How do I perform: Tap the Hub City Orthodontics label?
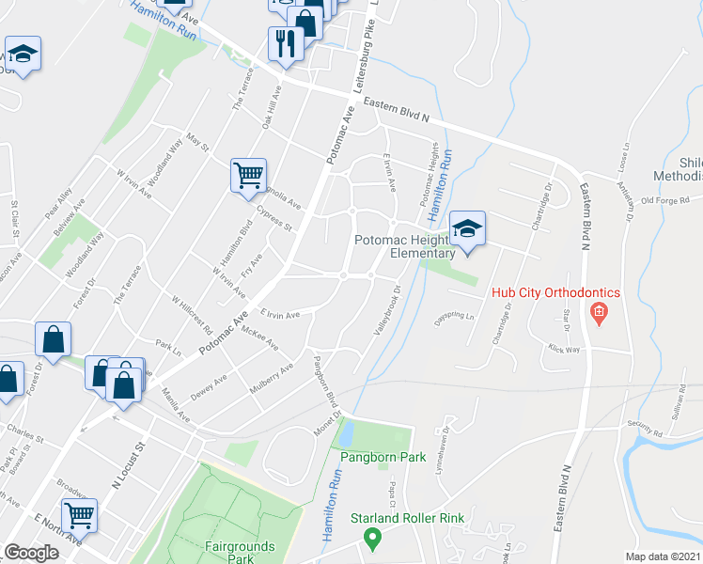(555, 292)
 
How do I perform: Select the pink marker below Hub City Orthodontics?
(596, 311)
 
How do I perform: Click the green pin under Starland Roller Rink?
(372, 539)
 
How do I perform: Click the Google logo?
(32, 553)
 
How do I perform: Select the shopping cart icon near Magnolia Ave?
(249, 176)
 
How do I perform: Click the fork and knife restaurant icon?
(284, 43)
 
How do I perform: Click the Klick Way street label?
(566, 348)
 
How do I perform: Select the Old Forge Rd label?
(665, 200)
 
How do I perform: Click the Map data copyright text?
(663, 556)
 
